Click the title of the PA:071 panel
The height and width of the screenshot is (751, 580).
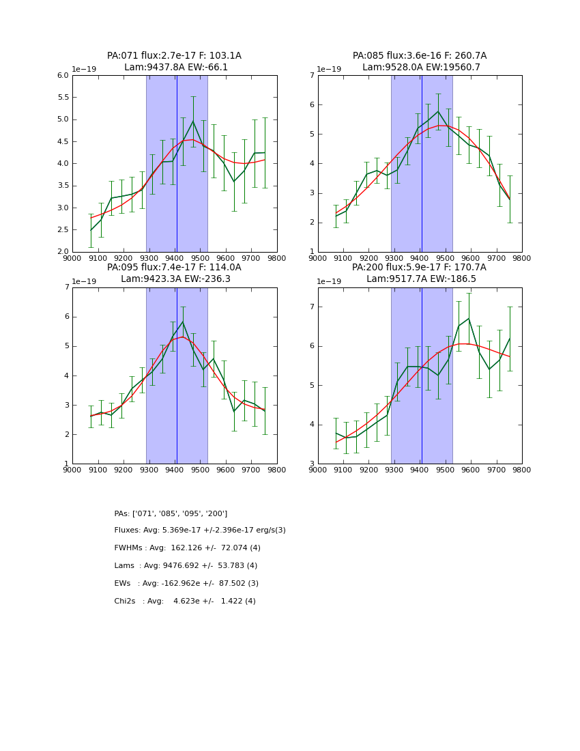pos(174,61)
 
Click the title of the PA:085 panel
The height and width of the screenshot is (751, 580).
pos(420,61)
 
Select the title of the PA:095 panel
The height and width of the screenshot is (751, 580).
pos(174,273)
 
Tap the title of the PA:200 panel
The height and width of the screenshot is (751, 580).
pos(420,273)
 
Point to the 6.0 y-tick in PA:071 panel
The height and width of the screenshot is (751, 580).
pos(62,76)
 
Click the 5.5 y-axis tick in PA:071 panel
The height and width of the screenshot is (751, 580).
pos(62,98)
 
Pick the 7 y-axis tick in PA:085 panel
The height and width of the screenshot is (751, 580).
pos(311,76)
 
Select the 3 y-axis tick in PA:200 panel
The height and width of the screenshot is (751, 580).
pos(311,464)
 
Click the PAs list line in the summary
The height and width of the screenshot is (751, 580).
pos(171,513)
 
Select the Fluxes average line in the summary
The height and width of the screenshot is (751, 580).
pos(200,530)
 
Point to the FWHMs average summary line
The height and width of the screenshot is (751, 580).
pos(188,548)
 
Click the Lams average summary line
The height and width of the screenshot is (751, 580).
pos(186,566)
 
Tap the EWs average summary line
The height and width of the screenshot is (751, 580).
pos(186,584)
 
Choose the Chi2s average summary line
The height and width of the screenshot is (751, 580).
pos(185,601)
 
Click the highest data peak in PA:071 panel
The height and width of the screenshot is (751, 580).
pos(193,122)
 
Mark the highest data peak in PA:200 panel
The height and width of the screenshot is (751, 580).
pos(469,319)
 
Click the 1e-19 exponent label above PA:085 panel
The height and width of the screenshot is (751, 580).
pos(329,70)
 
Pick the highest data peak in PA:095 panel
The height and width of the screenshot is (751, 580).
pos(182,322)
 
